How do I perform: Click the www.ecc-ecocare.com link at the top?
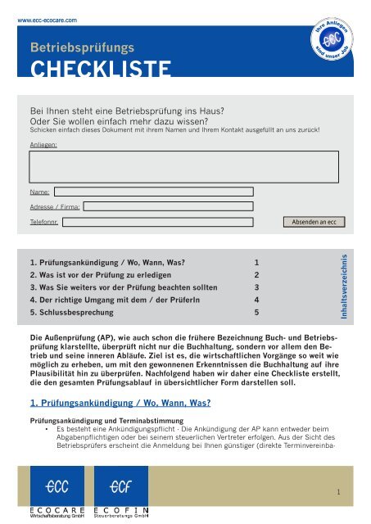[x=53, y=16]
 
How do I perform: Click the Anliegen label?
[x=43, y=144]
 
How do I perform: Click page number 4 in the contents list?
[x=256, y=300]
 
